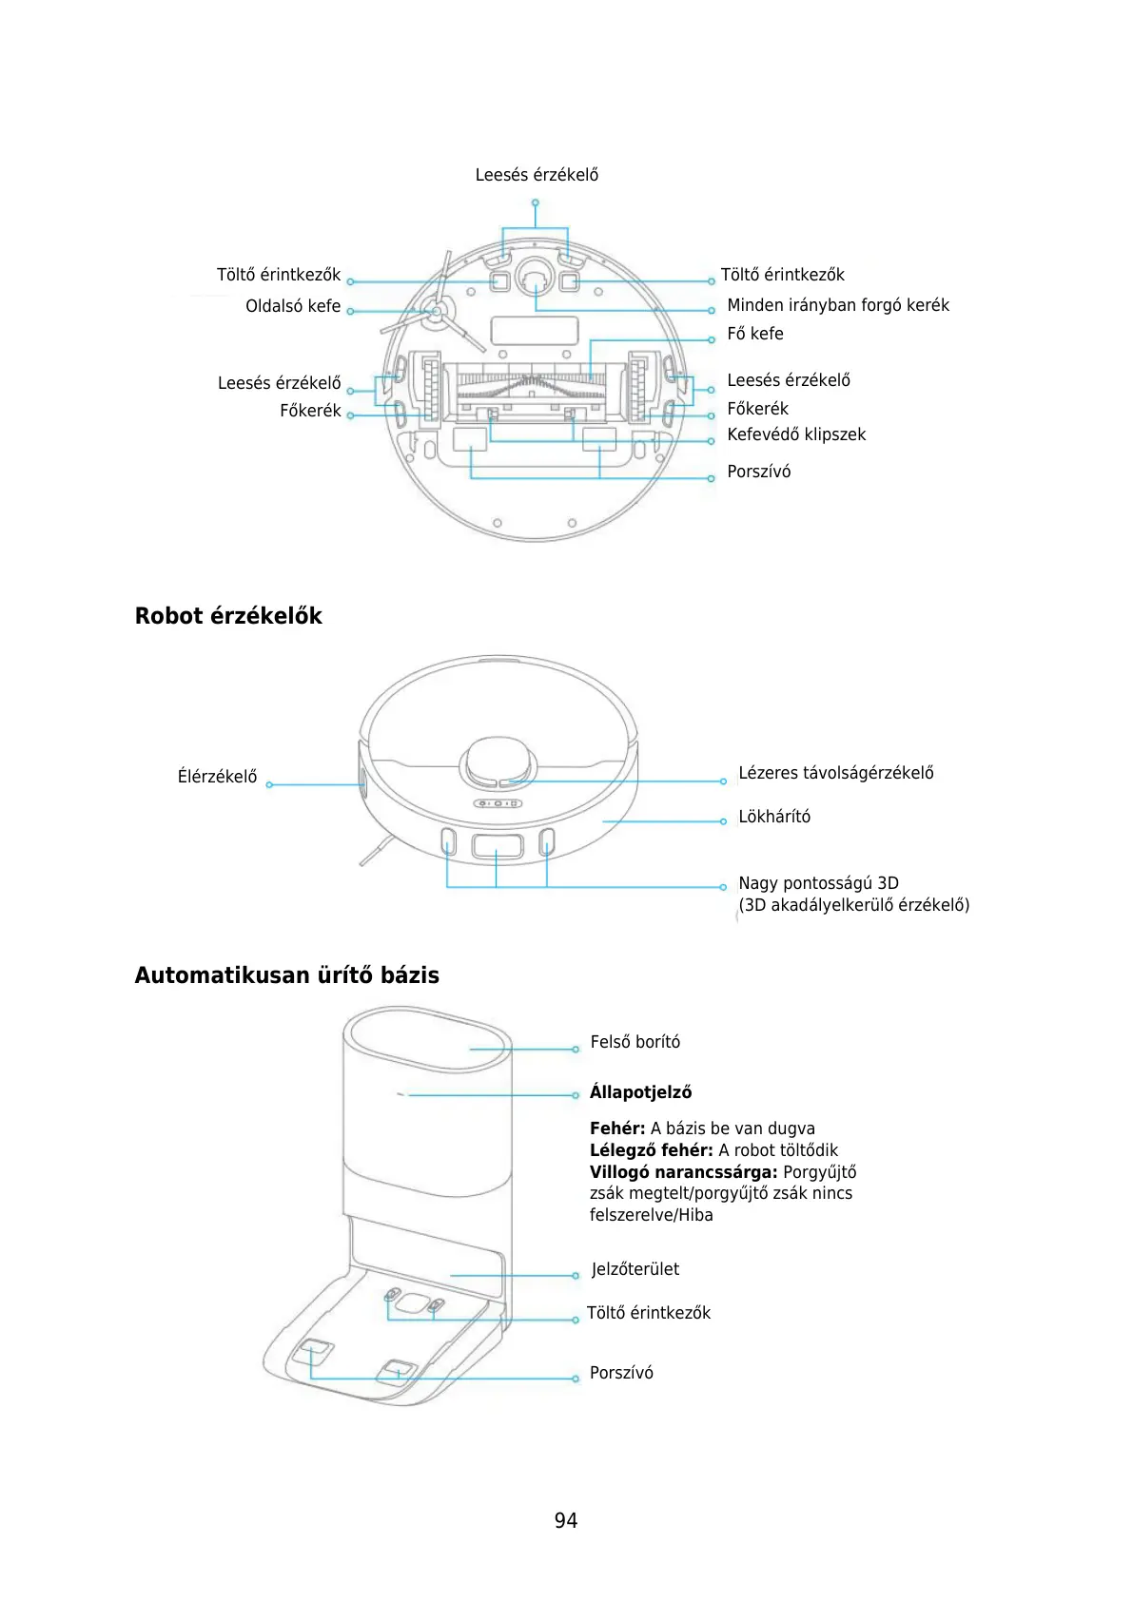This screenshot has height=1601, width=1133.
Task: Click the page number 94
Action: pyautogui.click(x=566, y=1520)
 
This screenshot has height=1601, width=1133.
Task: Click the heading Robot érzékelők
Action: pyautogui.click(x=228, y=616)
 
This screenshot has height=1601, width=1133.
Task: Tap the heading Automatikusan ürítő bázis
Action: pyautogui.click(x=286, y=975)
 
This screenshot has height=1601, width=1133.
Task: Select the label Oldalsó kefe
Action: pyautogui.click(x=293, y=306)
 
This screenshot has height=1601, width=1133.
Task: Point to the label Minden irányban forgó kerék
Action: pyautogui.click(x=837, y=305)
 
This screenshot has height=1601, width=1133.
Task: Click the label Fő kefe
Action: pyautogui.click(x=755, y=334)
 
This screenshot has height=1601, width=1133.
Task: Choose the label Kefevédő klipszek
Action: pyautogui.click(x=796, y=434)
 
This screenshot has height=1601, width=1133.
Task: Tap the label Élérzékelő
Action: pyautogui.click(x=217, y=777)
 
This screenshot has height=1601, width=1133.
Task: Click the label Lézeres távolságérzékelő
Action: pyautogui.click(x=835, y=773)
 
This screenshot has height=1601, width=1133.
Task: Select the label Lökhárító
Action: pyautogui.click(x=774, y=817)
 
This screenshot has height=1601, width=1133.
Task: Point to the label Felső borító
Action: pyautogui.click(x=635, y=1042)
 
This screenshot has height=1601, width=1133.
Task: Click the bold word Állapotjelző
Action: pyautogui.click(x=640, y=1092)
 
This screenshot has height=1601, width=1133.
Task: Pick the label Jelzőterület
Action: pyautogui.click(x=635, y=1269)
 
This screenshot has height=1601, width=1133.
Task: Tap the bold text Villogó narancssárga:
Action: pyautogui.click(x=683, y=1172)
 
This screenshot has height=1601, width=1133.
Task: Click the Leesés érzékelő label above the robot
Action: pyautogui.click(x=537, y=175)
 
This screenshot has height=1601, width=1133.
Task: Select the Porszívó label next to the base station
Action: pyautogui.click(x=621, y=1373)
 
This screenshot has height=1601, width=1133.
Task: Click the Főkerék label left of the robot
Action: pyautogui.click(x=310, y=411)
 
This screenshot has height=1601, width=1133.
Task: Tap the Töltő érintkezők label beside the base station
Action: pyautogui.click(x=648, y=1313)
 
